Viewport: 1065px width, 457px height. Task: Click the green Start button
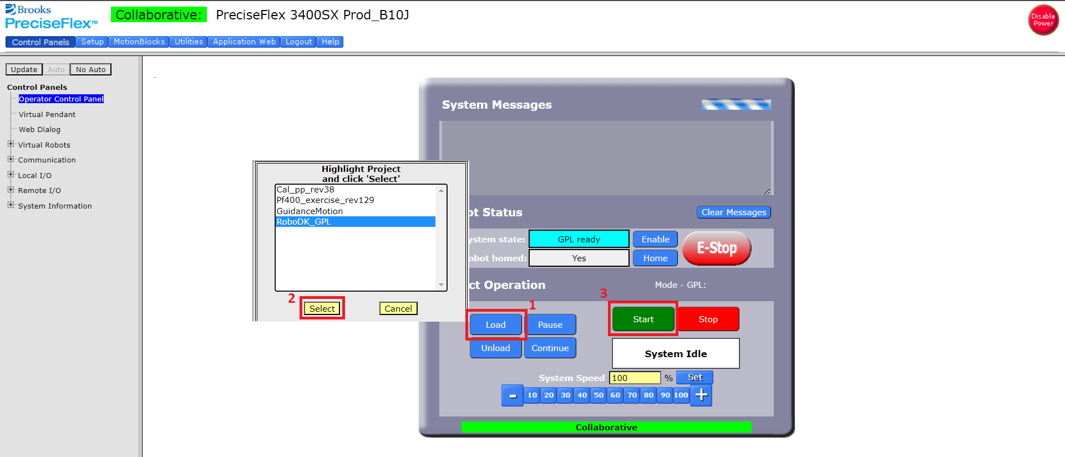[x=643, y=319]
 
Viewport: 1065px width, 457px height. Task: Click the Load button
[x=495, y=324]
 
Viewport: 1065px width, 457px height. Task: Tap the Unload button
[x=495, y=348]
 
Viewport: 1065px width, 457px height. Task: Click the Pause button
[x=550, y=324]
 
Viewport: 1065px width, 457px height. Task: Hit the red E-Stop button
[x=716, y=248]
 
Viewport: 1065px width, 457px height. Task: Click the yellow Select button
[x=322, y=308]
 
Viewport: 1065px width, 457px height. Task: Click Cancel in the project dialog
[x=398, y=308]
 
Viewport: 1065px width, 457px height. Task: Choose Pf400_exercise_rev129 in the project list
[x=325, y=200]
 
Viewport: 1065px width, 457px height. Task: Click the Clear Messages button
[x=733, y=212]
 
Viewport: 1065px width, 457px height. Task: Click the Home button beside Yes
[x=655, y=258]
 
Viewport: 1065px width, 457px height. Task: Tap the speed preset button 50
[x=599, y=395]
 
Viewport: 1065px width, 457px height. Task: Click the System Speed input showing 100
[x=635, y=378]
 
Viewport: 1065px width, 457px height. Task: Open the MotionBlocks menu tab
[x=139, y=42]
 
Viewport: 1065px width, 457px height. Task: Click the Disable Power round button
[x=1043, y=20]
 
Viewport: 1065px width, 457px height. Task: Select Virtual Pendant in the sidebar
[x=47, y=114]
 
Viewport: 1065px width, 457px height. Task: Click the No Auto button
[x=90, y=69]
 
